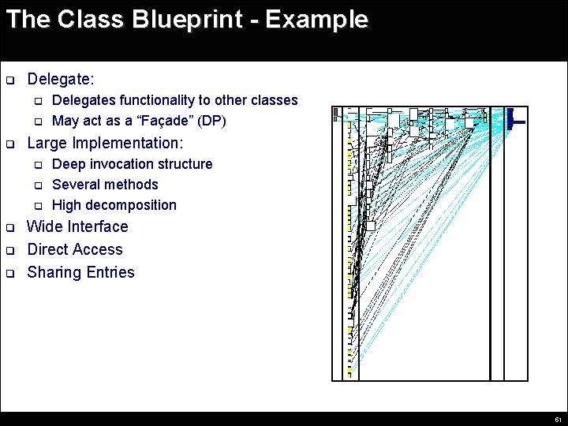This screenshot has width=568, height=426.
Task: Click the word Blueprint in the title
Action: coord(185,19)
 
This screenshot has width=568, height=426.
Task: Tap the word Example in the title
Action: coord(316,19)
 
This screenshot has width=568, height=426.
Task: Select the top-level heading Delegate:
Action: coord(61,80)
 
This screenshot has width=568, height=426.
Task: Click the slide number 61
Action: coord(558,419)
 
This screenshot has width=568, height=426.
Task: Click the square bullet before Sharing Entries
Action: coord(10,273)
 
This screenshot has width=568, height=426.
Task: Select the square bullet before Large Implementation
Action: coord(10,144)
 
